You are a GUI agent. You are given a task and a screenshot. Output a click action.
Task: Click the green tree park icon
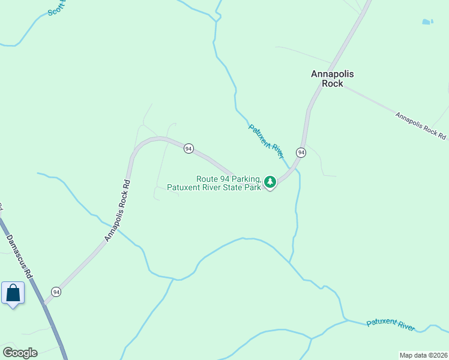(270, 181)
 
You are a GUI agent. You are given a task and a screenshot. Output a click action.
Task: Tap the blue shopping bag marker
(13, 293)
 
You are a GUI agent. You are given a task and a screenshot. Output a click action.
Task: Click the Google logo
(20, 353)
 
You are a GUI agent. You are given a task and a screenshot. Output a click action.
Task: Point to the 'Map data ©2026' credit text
(423, 355)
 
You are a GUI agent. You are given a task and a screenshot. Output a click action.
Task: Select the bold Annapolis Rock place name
(332, 79)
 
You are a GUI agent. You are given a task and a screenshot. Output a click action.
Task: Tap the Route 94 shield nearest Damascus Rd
(56, 292)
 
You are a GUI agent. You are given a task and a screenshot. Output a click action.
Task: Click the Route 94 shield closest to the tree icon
(301, 153)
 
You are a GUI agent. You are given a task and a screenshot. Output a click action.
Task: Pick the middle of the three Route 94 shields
(188, 148)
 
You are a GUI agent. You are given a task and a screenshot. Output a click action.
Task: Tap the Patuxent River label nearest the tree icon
(266, 141)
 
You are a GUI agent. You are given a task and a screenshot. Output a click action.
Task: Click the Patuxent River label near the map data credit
(390, 325)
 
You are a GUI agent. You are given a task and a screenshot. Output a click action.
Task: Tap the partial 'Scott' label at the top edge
(55, 7)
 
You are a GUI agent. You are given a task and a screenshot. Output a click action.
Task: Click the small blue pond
(427, 22)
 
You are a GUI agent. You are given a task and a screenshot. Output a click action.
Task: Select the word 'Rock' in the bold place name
(332, 84)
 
